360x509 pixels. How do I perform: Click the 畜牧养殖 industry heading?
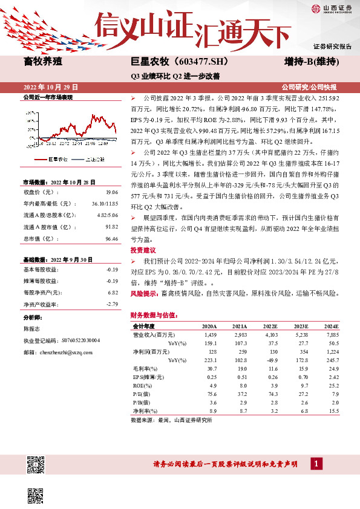coord(43,62)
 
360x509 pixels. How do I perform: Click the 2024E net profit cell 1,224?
coord(330,351)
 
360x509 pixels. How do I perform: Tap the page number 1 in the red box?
coord(315,464)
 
